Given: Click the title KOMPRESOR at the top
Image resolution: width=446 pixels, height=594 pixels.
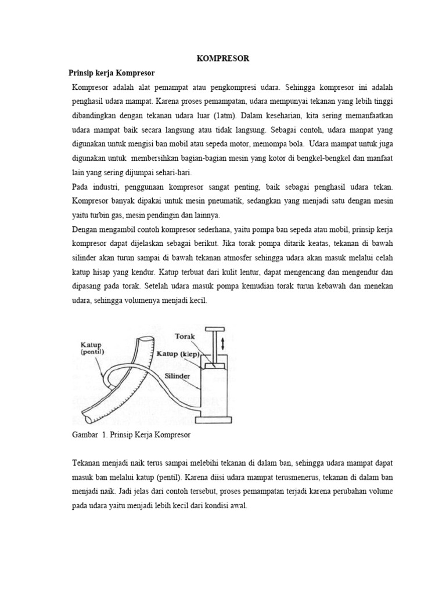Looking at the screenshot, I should point(222,59).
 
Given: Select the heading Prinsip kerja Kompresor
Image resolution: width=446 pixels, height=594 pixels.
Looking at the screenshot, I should point(113,73).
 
